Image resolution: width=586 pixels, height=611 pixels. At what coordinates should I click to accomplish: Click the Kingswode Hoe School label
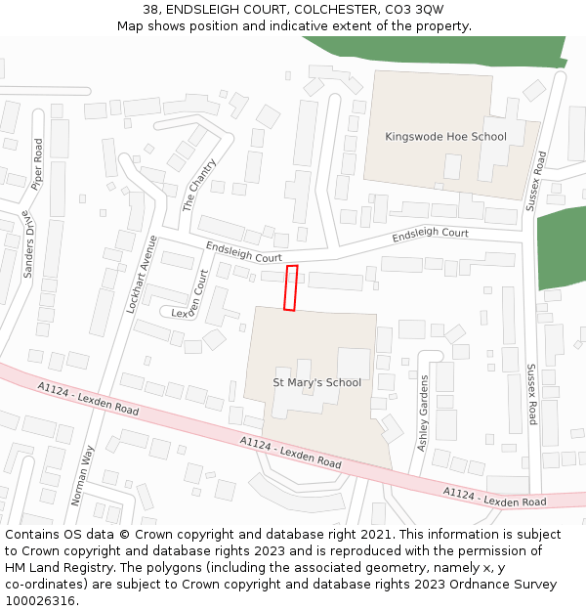point(445,137)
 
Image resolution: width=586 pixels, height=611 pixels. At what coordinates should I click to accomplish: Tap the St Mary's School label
point(316,382)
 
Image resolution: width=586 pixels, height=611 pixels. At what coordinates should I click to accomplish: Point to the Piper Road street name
point(37,164)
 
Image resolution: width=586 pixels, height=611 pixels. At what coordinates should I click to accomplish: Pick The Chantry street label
point(199,186)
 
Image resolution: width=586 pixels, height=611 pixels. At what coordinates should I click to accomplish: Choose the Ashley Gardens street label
point(424,413)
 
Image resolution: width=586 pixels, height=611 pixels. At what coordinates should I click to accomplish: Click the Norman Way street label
point(83,475)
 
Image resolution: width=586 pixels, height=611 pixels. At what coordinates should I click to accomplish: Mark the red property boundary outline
point(290,287)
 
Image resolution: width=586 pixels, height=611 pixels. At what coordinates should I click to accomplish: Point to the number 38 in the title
point(151,9)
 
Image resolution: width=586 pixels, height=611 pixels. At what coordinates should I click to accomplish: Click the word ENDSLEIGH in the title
point(200,9)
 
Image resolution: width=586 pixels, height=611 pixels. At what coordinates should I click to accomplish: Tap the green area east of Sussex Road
point(562,248)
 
